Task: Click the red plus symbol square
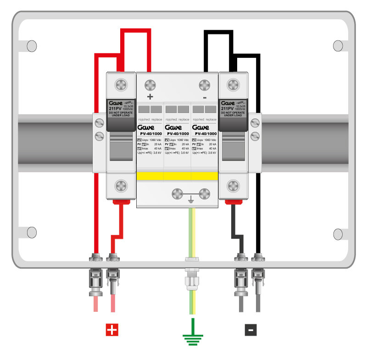[x=112, y=329]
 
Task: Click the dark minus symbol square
[x=250, y=329]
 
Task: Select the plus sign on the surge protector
[x=150, y=97]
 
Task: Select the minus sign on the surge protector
[x=205, y=97]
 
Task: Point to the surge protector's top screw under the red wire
[x=150, y=85]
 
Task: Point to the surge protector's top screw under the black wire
[x=205, y=85]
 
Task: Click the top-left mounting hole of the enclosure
[x=32, y=46]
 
